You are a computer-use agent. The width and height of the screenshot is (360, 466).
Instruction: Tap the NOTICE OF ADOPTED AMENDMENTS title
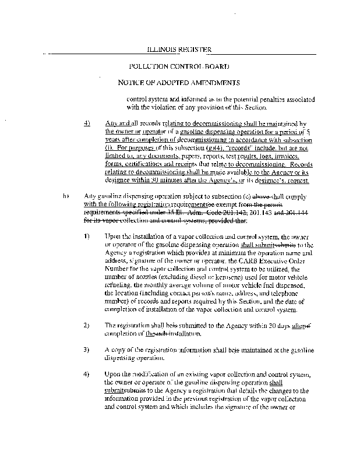[x=179, y=82]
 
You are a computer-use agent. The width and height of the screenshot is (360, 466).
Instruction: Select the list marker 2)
[x=86, y=324]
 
